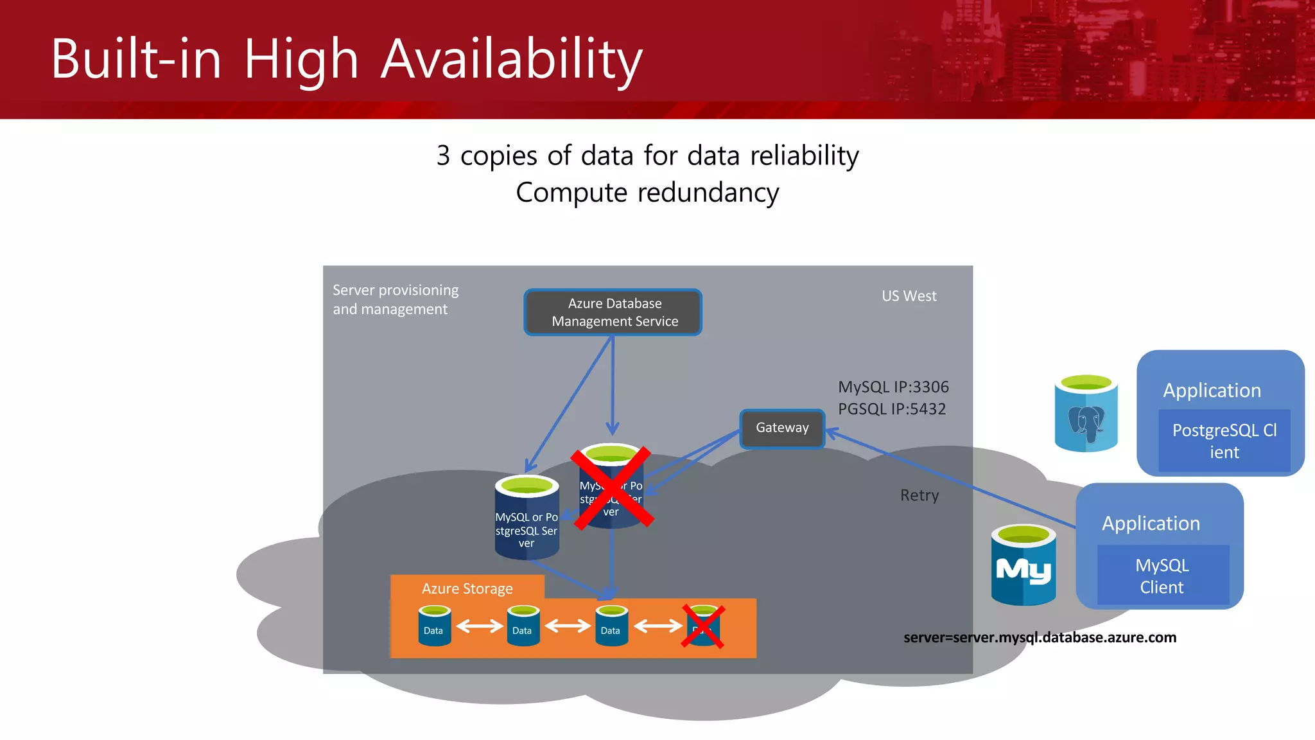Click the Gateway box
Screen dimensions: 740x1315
click(782, 428)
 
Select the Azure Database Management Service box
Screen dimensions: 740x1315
click(613, 312)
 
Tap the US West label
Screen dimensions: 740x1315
click(909, 296)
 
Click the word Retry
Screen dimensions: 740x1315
click(919, 495)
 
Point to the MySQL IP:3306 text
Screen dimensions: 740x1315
click(893, 387)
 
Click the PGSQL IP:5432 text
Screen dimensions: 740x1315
click(891, 409)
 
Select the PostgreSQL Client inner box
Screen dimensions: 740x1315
click(1224, 441)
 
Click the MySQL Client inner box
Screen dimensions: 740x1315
click(1162, 576)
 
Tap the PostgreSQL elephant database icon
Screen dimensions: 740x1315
click(1086, 414)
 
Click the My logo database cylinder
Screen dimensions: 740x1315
click(1023, 566)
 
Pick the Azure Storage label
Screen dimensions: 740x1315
click(467, 588)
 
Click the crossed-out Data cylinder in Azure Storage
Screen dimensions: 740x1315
click(703, 626)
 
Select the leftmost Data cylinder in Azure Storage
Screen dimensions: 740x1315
click(434, 626)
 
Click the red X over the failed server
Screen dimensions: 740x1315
click(612, 488)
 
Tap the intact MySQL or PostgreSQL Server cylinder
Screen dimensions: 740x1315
click(527, 518)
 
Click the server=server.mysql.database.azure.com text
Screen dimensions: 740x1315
click(1040, 638)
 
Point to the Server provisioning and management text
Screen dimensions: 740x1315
click(396, 299)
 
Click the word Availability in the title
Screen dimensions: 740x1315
click(512, 59)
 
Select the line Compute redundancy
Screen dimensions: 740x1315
click(647, 193)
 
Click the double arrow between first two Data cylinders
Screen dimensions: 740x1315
click(479, 626)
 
